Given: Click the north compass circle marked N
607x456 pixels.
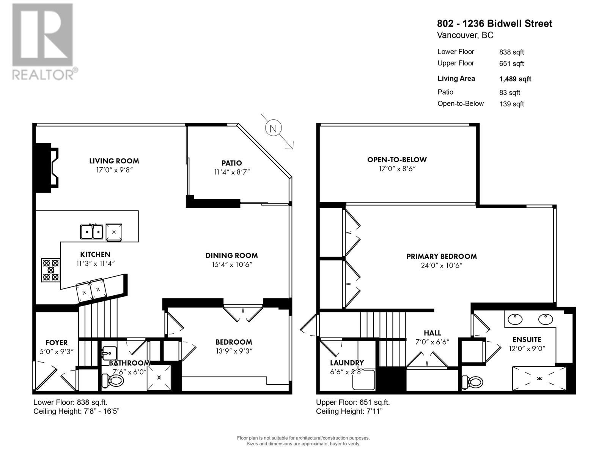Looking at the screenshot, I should tap(273, 128).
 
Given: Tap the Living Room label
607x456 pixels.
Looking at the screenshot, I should tap(114, 161).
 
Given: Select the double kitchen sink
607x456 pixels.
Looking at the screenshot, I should tap(92, 232).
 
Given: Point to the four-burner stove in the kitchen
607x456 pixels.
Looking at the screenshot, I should tap(51, 270).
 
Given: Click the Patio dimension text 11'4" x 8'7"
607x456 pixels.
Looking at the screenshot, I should tap(232, 172).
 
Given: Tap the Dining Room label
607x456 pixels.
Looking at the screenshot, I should tap(231, 255).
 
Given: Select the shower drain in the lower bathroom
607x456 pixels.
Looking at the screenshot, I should tap(159, 377).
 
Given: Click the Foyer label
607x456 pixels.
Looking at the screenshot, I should tap(57, 343).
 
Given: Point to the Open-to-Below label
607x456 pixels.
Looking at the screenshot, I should tap(397, 160).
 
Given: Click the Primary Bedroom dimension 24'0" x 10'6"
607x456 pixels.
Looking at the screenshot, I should tap(441, 265).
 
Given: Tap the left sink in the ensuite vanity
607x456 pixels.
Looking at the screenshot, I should tap(515, 319).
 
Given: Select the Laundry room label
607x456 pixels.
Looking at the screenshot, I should tap(347, 363).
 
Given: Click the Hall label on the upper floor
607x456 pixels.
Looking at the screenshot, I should tap(432, 333).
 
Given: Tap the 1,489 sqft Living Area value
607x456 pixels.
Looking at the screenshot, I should tap(515, 79).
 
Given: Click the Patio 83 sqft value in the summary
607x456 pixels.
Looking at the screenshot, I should tap(510, 92).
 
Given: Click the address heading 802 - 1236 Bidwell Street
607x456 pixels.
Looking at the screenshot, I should tap(494, 24).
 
